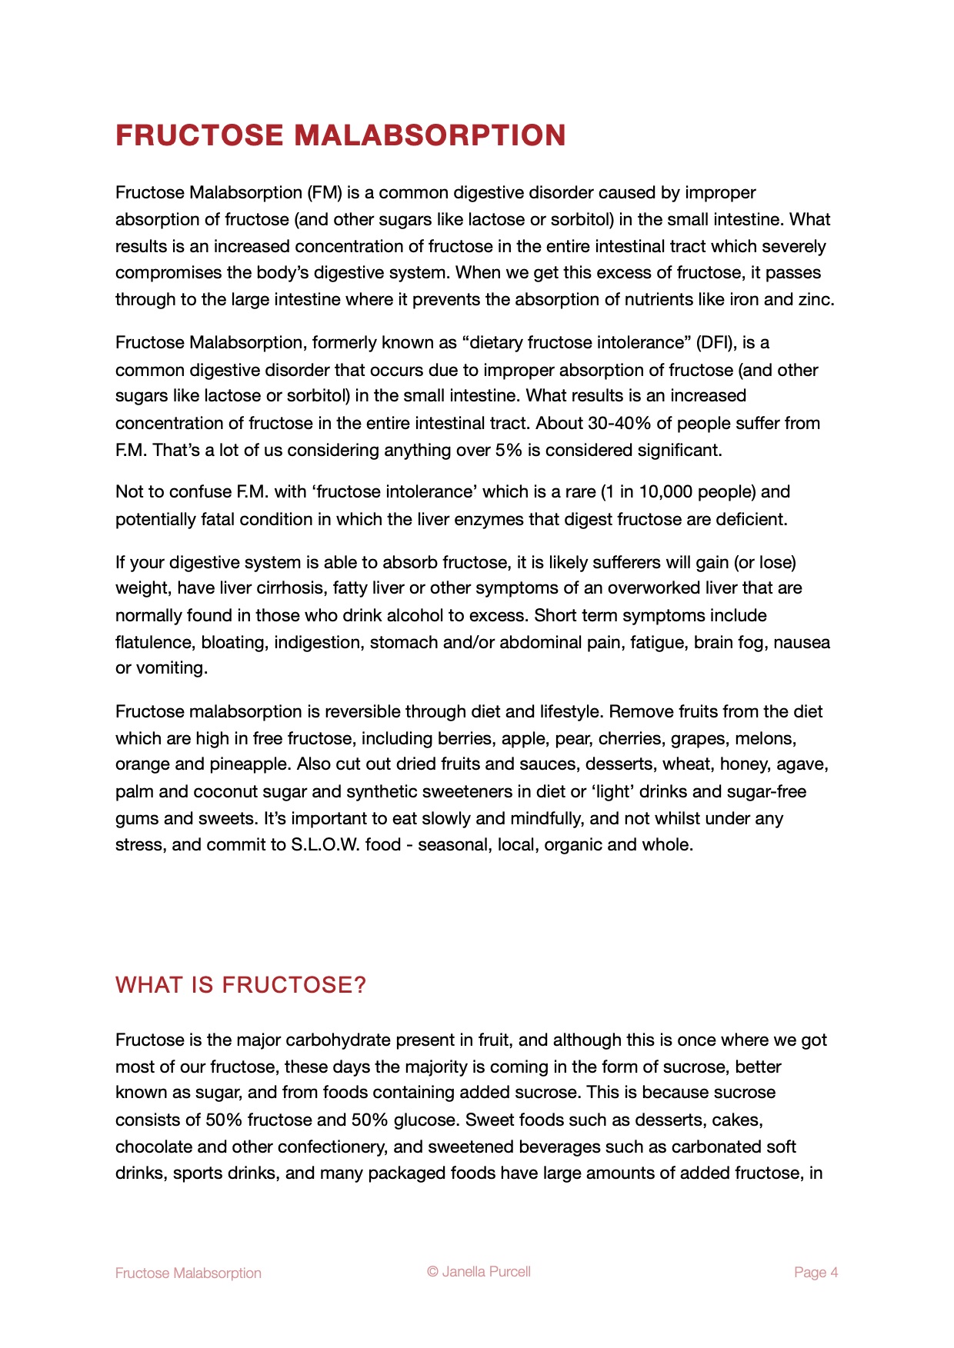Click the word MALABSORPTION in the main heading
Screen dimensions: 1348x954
[x=430, y=135]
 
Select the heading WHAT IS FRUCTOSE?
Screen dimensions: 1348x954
[x=241, y=985]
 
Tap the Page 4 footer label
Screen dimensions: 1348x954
[x=816, y=1273]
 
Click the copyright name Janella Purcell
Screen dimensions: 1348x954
[x=486, y=1272]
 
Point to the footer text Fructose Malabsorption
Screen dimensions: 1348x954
[x=188, y=1273]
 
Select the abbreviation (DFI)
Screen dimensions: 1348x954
[x=716, y=342]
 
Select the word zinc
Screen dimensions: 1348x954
[x=816, y=299]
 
